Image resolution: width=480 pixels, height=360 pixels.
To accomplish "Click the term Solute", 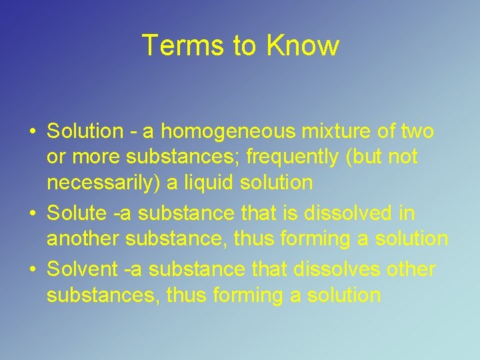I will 76,213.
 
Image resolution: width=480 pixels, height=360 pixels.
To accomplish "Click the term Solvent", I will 81,269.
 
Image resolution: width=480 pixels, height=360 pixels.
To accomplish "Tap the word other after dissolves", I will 411,269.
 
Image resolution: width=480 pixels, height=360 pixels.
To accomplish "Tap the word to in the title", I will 245,45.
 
